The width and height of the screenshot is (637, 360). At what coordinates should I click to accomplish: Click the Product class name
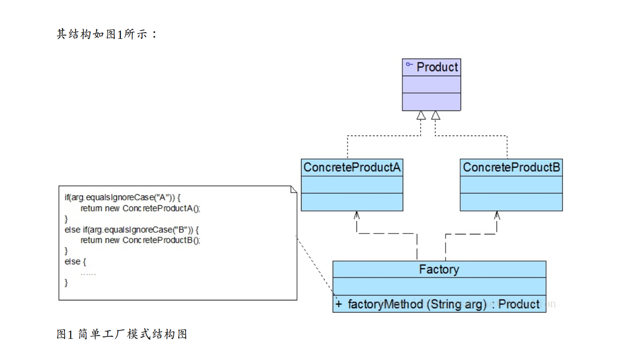coord(437,67)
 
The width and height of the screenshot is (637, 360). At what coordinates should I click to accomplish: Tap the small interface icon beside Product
coord(409,64)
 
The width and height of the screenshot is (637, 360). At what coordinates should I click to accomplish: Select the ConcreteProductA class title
coord(352,167)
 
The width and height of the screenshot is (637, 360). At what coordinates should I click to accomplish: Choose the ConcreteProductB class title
coord(511,167)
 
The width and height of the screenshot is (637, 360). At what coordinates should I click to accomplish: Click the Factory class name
coord(439,269)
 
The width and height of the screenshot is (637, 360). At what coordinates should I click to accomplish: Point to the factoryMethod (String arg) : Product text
coord(444,304)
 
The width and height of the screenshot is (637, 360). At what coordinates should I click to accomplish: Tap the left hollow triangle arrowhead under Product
coord(421,115)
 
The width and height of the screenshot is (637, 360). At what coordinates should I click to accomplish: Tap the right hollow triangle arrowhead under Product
coord(436,115)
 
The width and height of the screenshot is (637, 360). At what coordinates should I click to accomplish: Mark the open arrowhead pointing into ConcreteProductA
coord(357,215)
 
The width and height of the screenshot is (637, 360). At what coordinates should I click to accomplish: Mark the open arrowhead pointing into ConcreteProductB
coord(497,215)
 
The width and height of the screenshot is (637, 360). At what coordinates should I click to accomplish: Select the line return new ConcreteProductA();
coord(140,208)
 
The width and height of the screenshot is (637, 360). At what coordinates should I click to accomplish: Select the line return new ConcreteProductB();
coord(140,240)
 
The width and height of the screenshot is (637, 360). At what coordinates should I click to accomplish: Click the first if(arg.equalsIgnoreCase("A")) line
coord(122,198)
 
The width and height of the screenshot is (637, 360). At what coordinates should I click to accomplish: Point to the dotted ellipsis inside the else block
coord(88,274)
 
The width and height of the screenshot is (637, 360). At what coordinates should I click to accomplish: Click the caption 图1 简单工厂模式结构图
coord(122,334)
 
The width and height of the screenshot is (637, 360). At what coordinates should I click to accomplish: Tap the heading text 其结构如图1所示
coord(107,34)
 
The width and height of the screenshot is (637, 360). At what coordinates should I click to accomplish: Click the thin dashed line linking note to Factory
coord(315,266)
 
